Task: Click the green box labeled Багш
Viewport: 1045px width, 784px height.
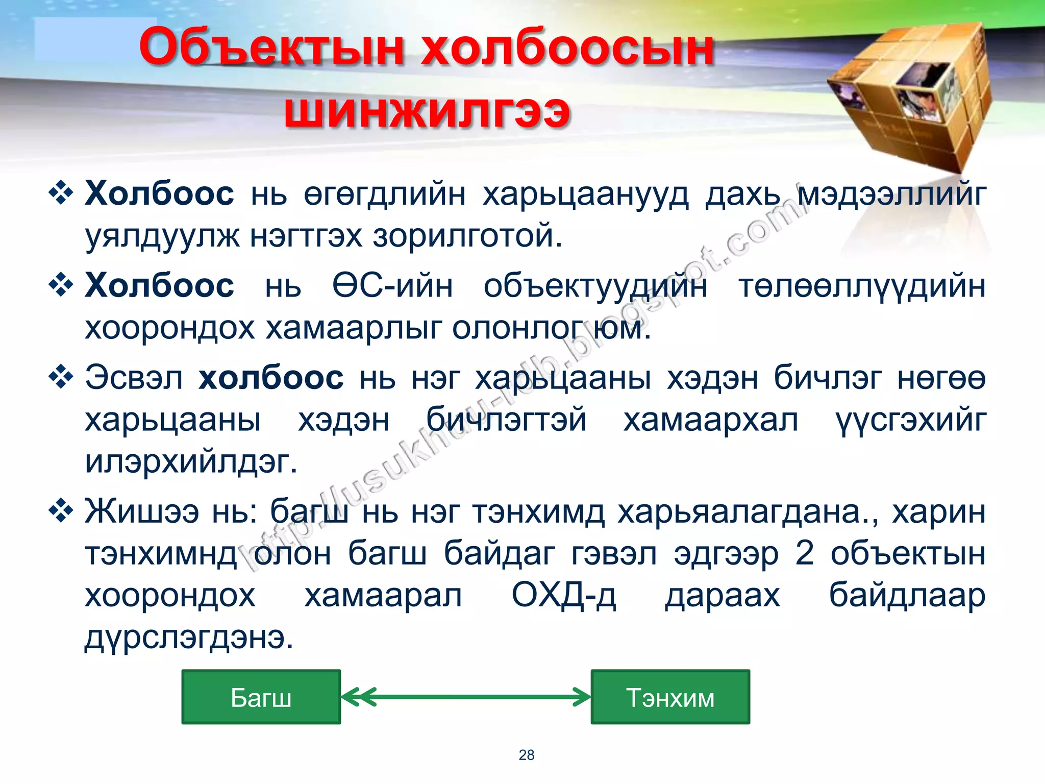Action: coord(261,697)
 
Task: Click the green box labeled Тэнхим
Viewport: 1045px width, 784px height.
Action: coord(670,697)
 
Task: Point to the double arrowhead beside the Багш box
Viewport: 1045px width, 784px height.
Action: coord(358,697)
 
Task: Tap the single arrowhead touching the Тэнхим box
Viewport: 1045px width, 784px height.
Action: coord(582,697)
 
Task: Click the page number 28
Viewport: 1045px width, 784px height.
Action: coord(526,755)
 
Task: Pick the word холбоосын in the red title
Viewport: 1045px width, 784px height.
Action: coord(566,47)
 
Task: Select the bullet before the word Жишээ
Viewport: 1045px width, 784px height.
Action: coord(61,510)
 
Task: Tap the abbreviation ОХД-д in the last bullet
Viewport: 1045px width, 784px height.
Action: coord(563,595)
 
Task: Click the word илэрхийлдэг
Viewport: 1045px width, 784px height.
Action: coord(191,461)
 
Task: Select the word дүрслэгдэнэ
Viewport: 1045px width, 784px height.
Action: coord(189,637)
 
